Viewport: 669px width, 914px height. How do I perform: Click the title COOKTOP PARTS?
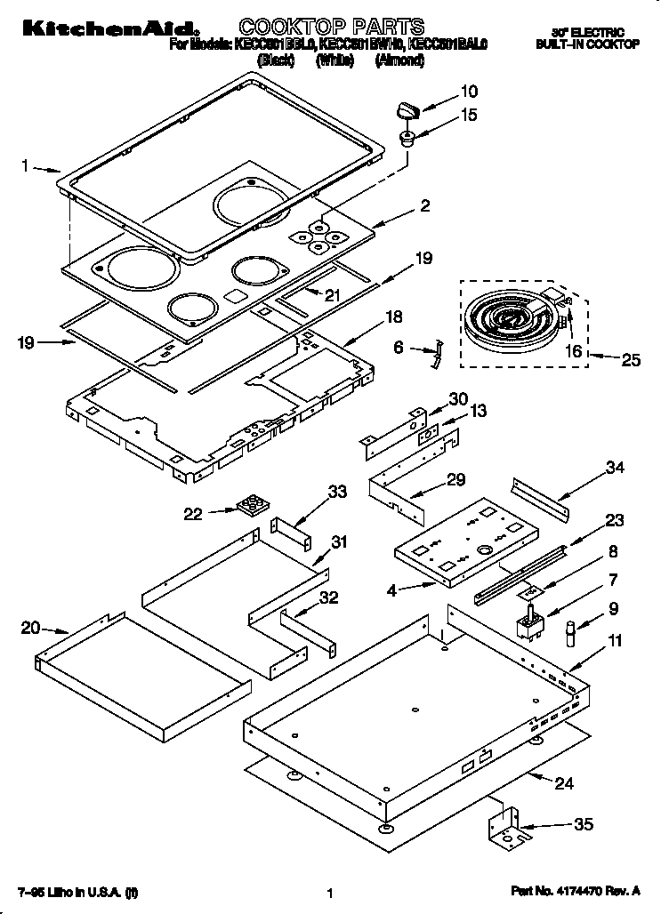click(332, 26)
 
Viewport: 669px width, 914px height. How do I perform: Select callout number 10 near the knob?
click(468, 90)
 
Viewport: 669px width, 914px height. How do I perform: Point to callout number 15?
click(468, 115)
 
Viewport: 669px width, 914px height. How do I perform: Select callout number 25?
click(630, 360)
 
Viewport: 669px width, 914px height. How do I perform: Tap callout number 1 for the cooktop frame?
click(26, 164)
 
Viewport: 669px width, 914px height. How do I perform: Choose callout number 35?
click(583, 824)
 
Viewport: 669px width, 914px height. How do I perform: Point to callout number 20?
click(30, 629)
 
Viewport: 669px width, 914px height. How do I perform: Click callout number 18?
click(392, 317)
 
